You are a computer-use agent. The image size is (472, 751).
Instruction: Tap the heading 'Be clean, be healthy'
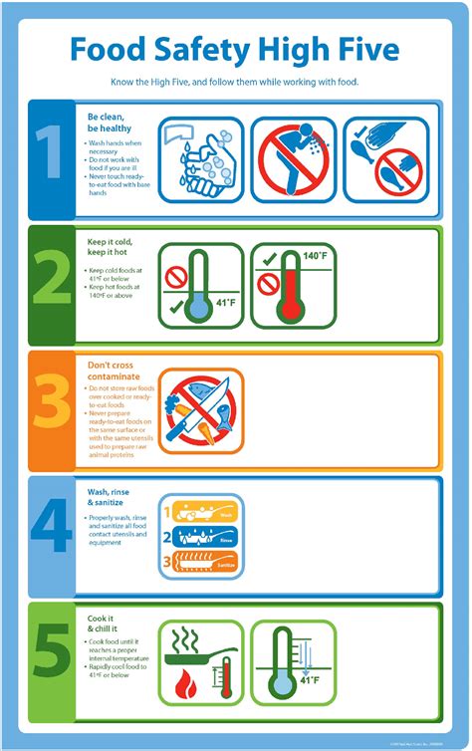coord(109,121)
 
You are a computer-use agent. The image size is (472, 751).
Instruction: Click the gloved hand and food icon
coord(385,157)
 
